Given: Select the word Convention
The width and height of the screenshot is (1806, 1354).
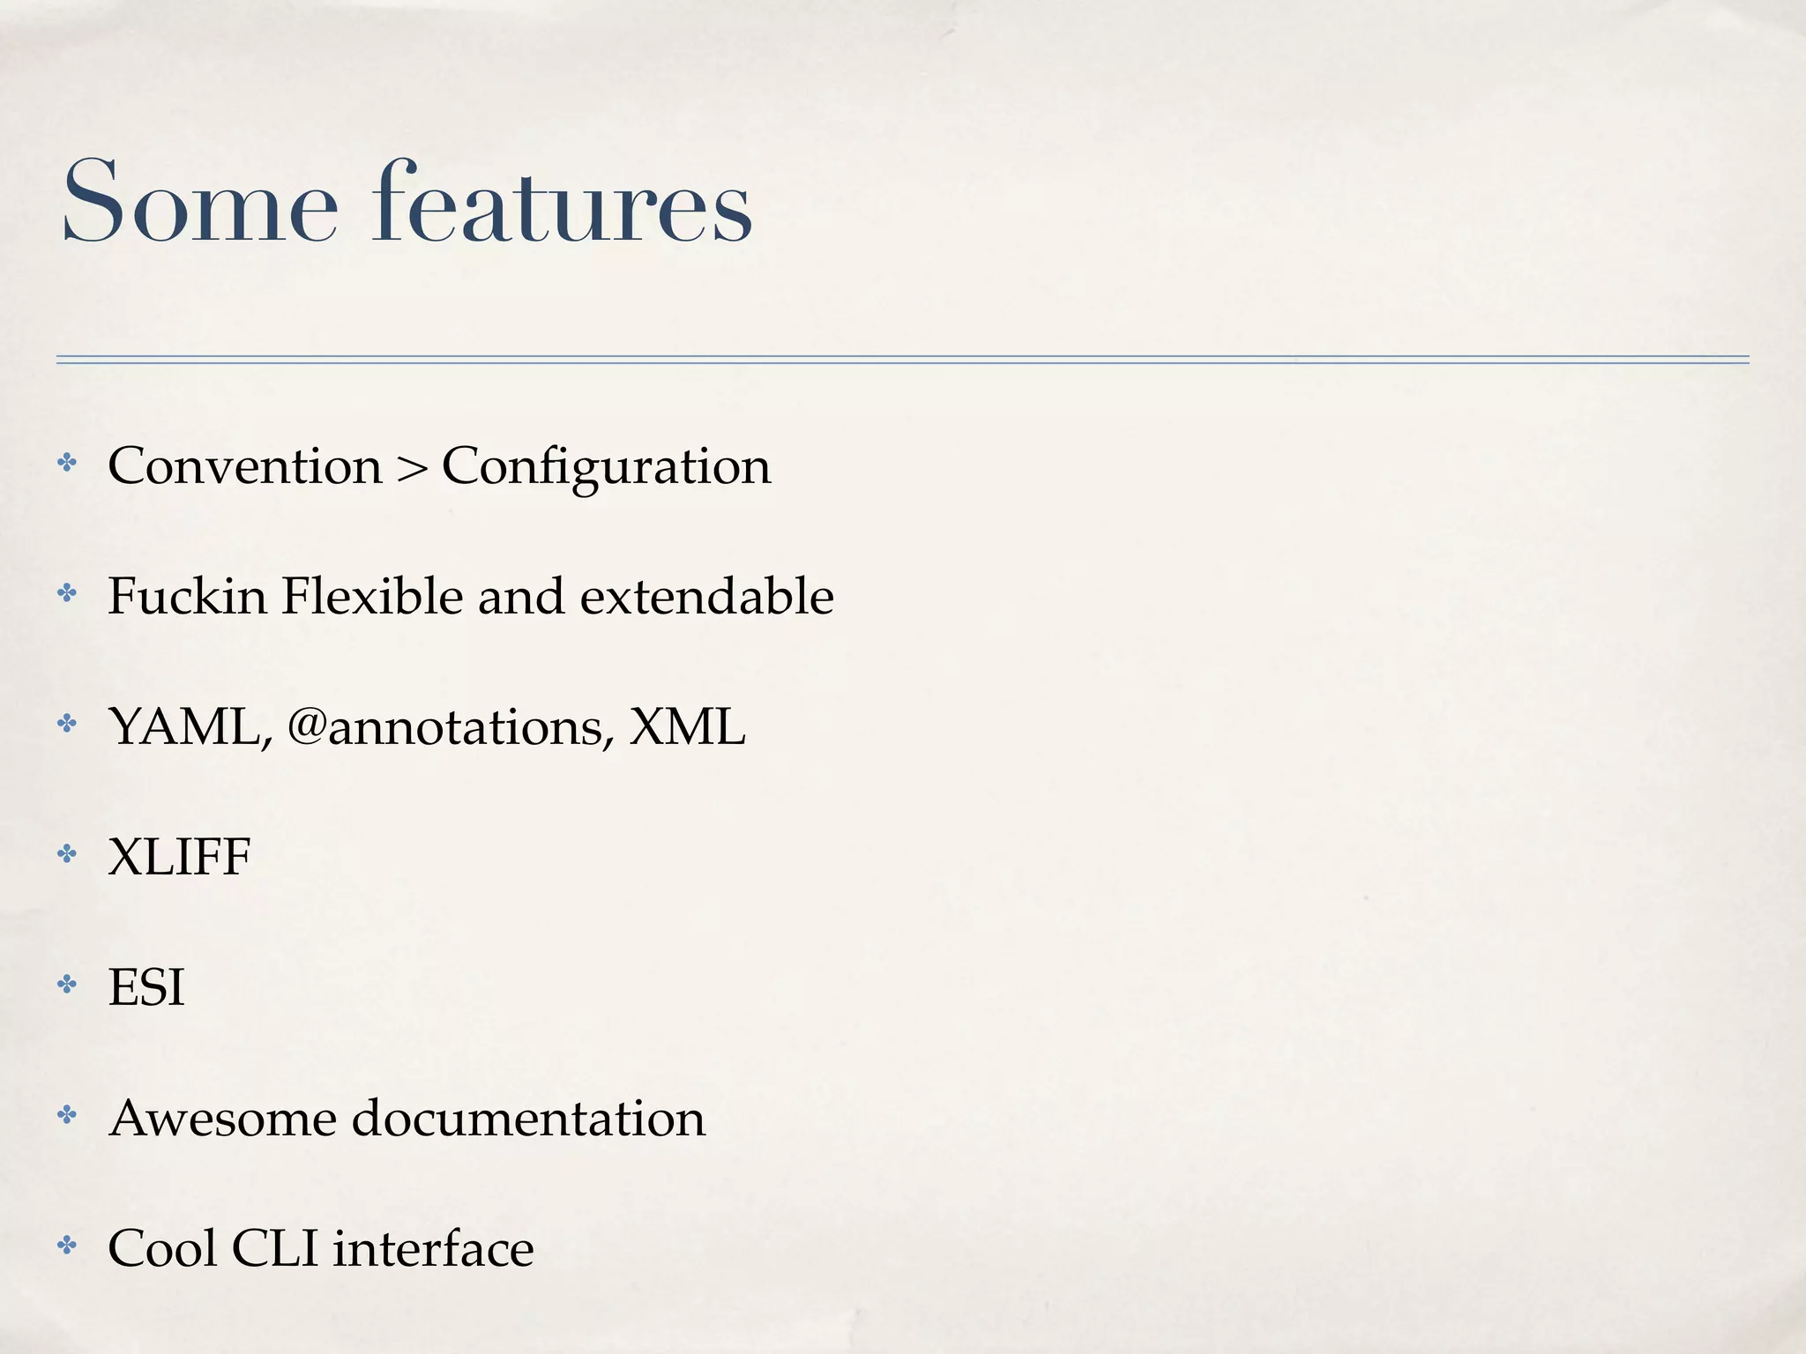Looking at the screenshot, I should click(245, 465).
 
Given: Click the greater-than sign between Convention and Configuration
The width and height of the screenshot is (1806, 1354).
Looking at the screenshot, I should click(411, 468).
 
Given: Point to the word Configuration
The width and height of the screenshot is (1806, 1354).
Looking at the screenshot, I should click(606, 467).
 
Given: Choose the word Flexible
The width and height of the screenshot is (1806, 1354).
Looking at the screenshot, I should click(372, 596).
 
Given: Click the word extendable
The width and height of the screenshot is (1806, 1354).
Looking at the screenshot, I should click(706, 596).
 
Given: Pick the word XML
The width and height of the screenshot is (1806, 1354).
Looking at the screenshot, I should click(687, 727).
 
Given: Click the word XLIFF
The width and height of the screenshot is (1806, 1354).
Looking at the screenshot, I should click(179, 857).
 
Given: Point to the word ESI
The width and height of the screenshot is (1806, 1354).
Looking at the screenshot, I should click(146, 987).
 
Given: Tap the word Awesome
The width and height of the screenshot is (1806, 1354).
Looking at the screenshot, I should click(223, 1118).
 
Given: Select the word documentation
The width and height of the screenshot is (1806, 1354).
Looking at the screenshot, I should click(528, 1118).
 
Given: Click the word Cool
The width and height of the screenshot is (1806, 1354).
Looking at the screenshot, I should click(162, 1248).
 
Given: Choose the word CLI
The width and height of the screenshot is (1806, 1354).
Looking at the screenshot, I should click(274, 1248).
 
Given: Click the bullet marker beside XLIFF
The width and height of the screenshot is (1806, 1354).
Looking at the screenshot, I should click(67, 853).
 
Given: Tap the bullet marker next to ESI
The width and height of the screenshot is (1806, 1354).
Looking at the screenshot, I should click(67, 984).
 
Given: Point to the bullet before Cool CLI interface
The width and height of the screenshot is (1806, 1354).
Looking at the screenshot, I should click(67, 1245).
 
